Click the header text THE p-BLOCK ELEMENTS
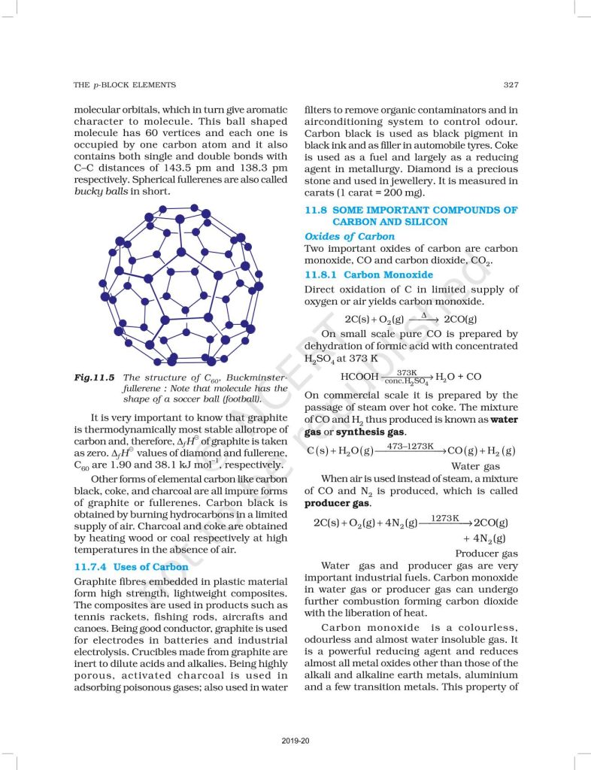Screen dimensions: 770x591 pos(124,85)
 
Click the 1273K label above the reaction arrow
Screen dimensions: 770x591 pos(445,518)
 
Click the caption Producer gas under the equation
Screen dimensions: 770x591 pos(486,553)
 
